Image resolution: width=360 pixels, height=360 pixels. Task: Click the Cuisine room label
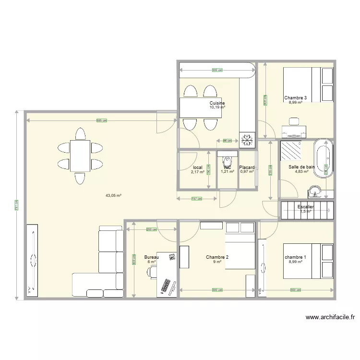[x=217, y=103]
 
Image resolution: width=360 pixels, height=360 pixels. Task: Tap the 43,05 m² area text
[x=114, y=195]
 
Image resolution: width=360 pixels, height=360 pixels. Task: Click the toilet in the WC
[x=227, y=159]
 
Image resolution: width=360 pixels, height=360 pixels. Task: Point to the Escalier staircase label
[x=306, y=207]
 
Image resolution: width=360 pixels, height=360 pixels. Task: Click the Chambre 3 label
[x=295, y=98]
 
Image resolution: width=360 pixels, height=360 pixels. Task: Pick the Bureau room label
[x=151, y=257]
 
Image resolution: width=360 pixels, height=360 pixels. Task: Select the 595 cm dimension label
[x=101, y=120]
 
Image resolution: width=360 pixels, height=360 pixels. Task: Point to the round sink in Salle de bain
[x=316, y=191]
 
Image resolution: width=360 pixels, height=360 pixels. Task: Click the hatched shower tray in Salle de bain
[x=291, y=150]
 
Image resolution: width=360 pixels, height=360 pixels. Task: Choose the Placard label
[x=247, y=168]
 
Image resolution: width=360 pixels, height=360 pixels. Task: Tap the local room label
[x=197, y=168]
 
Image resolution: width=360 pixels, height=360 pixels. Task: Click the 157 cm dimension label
[x=196, y=199]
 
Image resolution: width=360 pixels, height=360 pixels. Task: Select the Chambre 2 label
[x=217, y=257]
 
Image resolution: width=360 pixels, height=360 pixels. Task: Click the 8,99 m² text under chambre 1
[x=295, y=262]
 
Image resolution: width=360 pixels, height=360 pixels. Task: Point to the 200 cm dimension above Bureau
[x=151, y=229]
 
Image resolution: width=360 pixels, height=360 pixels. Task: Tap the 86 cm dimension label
[x=227, y=141]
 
